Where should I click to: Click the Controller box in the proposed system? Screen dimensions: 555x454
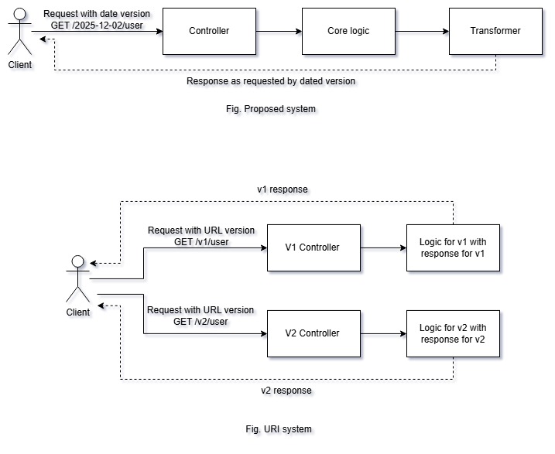209,31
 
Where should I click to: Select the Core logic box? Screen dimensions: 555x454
348,31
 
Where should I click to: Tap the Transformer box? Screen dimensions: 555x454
495,31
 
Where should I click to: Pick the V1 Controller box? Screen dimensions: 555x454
313,247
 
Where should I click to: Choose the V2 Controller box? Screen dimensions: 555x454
313,333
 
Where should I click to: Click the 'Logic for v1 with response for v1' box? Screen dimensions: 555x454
453,247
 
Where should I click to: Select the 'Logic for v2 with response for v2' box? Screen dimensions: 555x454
453,333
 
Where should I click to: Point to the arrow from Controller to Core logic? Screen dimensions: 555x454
279,32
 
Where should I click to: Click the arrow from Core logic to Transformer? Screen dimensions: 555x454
423,32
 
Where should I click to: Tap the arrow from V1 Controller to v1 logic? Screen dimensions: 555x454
383,247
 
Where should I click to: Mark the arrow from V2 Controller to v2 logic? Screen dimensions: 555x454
383,333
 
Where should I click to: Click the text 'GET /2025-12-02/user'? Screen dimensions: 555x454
97,26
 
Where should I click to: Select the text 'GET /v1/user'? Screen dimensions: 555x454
201,242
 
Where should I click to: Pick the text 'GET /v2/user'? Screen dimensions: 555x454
200,322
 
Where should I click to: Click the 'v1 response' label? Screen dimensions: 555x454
283,189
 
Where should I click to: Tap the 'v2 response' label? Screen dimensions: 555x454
286,391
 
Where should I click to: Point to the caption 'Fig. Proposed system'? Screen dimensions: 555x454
271,109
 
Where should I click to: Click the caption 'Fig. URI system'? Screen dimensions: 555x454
279,429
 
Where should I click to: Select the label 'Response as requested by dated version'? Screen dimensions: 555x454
271,81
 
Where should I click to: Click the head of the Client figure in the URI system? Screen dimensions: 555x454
78,261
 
